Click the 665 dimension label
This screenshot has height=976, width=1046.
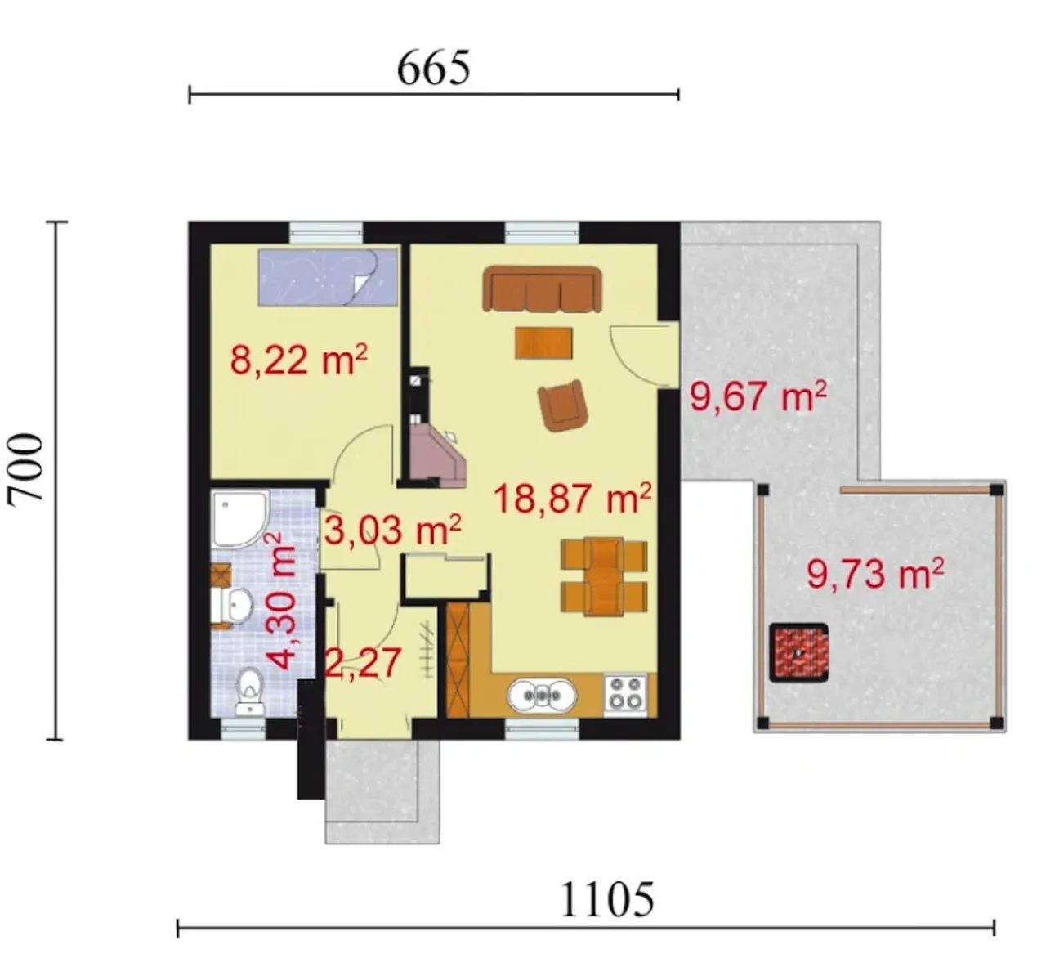(x=433, y=69)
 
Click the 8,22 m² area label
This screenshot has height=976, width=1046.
(x=298, y=359)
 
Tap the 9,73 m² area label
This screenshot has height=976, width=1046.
(x=875, y=574)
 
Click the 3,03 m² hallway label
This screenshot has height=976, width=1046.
(x=393, y=531)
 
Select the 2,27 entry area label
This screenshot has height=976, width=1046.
(x=362, y=663)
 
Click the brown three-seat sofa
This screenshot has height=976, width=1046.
(x=543, y=289)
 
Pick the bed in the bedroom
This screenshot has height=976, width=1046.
(x=327, y=277)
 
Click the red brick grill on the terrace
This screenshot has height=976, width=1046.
(x=798, y=653)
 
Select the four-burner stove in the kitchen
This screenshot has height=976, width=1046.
(x=625, y=693)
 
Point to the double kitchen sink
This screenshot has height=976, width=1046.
(x=542, y=696)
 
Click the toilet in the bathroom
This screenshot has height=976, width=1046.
(x=249, y=692)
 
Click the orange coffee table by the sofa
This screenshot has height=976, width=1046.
(x=543, y=343)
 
